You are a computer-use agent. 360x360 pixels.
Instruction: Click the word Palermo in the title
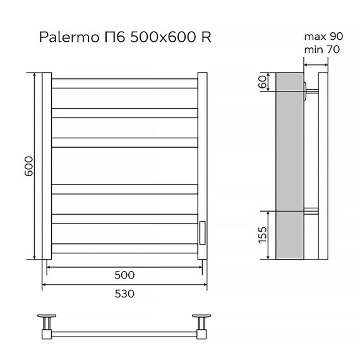(x=65, y=37)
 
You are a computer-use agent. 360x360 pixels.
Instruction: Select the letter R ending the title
(x=206, y=37)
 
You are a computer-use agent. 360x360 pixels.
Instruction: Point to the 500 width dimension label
(x=125, y=275)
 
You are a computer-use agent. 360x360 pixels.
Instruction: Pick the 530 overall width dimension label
(x=125, y=294)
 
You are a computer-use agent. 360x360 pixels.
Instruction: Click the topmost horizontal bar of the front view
(x=124, y=83)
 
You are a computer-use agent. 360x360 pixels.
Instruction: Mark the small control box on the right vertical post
(x=202, y=232)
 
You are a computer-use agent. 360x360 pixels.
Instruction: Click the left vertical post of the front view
(x=46, y=166)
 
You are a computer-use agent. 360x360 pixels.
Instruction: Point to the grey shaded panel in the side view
(x=290, y=165)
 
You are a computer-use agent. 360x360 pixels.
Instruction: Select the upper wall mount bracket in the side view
(x=309, y=89)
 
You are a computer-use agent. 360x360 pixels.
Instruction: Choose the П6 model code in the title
(x=114, y=37)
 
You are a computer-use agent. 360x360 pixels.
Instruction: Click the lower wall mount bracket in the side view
(x=311, y=211)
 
